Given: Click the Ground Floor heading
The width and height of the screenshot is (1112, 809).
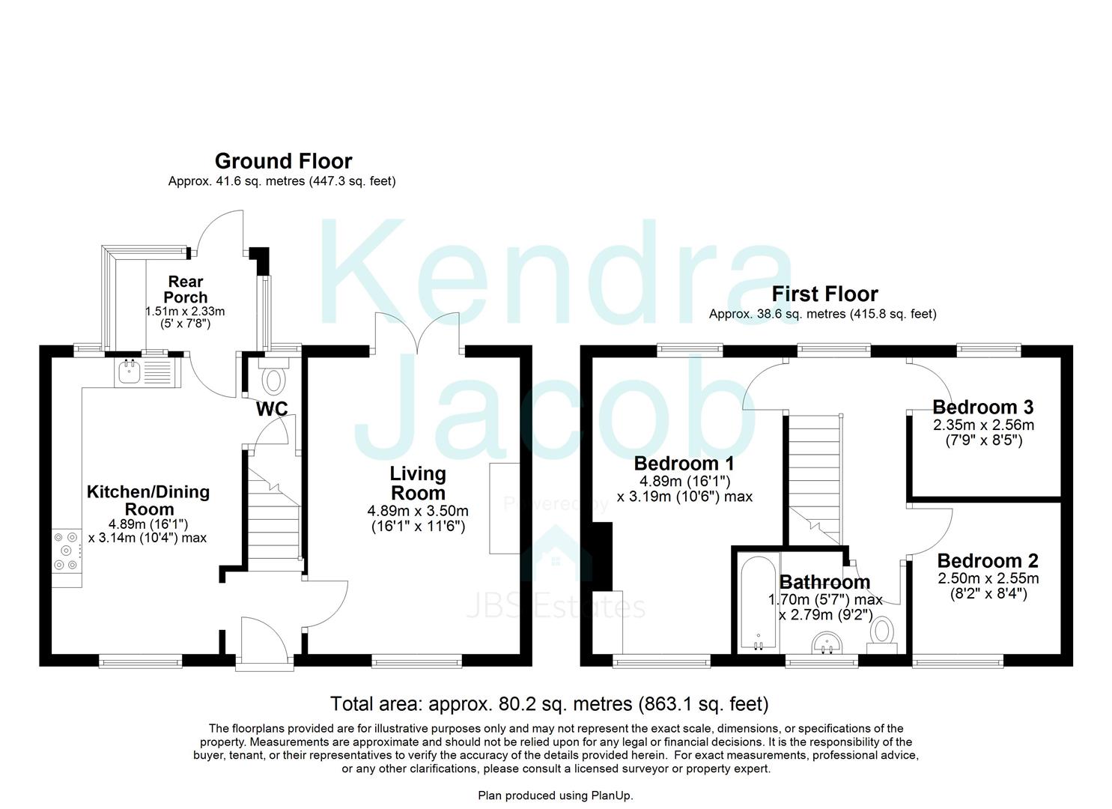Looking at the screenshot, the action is point(284,161).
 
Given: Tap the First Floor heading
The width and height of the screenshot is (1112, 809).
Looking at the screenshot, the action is point(824,294).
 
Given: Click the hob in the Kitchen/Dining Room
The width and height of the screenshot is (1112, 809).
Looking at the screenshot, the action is point(67,551).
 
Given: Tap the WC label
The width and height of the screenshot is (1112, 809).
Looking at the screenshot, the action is point(272,409).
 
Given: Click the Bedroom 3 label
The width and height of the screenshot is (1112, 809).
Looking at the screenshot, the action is point(982,407).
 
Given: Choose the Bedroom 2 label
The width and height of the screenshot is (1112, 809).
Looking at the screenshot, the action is point(988,561).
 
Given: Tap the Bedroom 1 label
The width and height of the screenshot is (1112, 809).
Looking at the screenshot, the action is point(684,464).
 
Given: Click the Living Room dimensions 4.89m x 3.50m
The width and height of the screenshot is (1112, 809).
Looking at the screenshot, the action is point(418,510).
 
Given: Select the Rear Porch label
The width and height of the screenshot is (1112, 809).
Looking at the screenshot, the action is point(186,290).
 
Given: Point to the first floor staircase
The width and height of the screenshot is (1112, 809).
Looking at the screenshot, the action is point(815,479).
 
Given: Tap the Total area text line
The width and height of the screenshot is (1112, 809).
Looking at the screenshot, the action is point(549,704).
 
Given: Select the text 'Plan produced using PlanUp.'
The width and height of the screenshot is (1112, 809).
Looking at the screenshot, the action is point(556,796).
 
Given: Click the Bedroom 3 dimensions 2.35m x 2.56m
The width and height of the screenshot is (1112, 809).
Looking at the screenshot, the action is point(983,425).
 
